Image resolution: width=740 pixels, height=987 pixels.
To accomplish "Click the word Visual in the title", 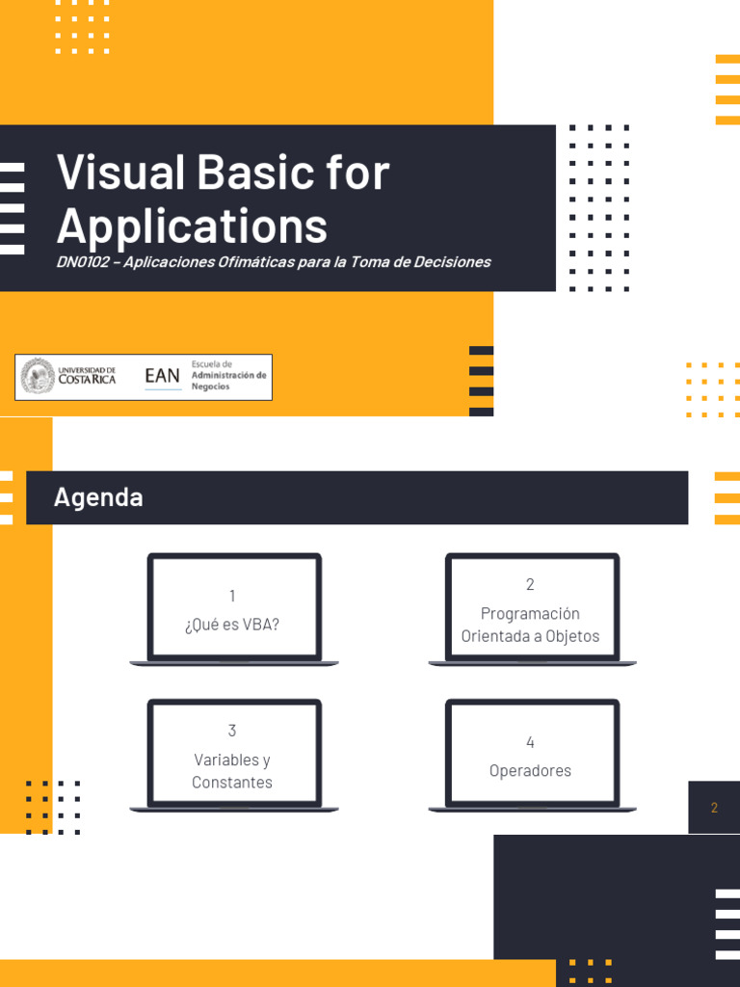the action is [120, 172].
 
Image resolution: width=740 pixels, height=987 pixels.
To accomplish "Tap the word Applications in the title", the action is [192, 227].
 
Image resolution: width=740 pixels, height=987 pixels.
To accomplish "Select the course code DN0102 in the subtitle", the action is [83, 262].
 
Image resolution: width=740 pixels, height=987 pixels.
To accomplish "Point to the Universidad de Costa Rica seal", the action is [38, 377].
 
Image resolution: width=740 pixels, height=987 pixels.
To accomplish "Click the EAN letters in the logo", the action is [162, 376].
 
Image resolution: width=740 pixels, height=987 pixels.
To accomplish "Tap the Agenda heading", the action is [99, 498].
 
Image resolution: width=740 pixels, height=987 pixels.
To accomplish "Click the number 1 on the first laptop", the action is [232, 596].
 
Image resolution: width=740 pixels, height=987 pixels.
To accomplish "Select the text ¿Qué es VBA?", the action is [232, 625].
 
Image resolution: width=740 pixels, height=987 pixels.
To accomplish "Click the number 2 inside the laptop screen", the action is [530, 584].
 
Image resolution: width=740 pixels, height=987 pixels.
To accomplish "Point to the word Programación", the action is [530, 614].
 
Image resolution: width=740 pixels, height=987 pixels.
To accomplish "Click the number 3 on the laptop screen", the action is [232, 731].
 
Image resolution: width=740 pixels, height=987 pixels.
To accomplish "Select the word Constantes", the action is [232, 783].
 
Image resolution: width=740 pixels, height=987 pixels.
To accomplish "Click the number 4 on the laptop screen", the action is [530, 742].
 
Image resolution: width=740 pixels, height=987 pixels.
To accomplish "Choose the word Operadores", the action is [530, 771].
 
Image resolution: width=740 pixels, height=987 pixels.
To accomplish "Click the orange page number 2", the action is [714, 808].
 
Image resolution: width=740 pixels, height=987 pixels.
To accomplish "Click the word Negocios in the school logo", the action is [210, 387].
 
